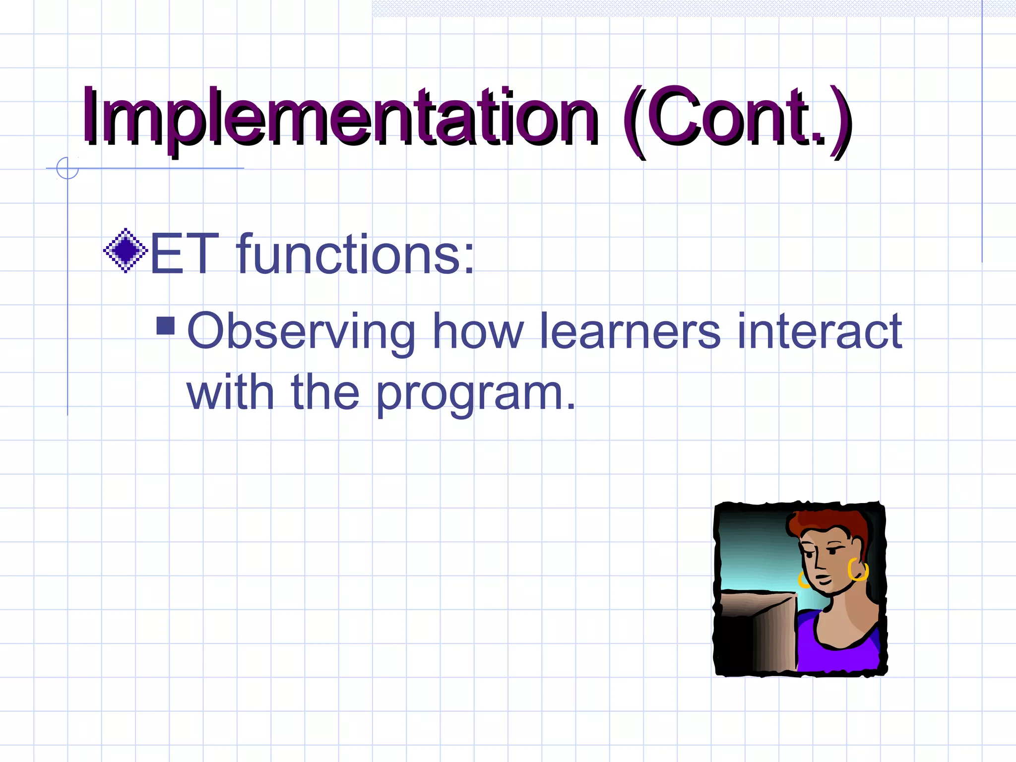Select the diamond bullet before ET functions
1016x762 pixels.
(x=126, y=251)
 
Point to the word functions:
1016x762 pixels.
(x=355, y=254)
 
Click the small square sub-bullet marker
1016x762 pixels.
(x=166, y=326)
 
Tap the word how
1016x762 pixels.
(x=478, y=331)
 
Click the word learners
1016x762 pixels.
(x=630, y=331)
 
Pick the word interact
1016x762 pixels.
(x=819, y=331)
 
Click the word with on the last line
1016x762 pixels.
(x=230, y=393)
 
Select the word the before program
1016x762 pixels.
(x=325, y=393)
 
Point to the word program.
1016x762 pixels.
(x=475, y=394)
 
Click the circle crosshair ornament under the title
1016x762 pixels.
(x=67, y=168)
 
